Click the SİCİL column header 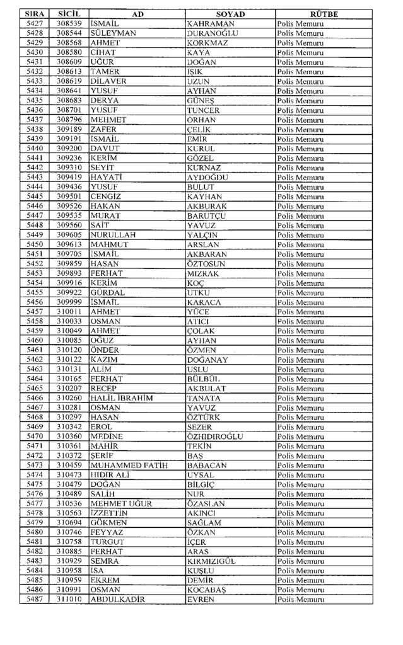click(69, 14)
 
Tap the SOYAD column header click(230, 14)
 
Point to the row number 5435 click(35, 101)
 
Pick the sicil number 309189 click(69, 129)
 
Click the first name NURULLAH click(114, 235)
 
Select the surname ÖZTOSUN click(209, 264)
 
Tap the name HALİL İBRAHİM click(122, 398)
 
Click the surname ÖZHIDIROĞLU click(215, 437)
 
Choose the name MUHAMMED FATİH click(124, 465)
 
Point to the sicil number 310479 click(69, 484)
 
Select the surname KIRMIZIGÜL click(211, 561)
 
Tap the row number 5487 click(35, 600)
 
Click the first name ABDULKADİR click(118, 600)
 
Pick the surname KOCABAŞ click(207, 590)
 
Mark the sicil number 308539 click(69, 24)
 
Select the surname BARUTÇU click(206, 216)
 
